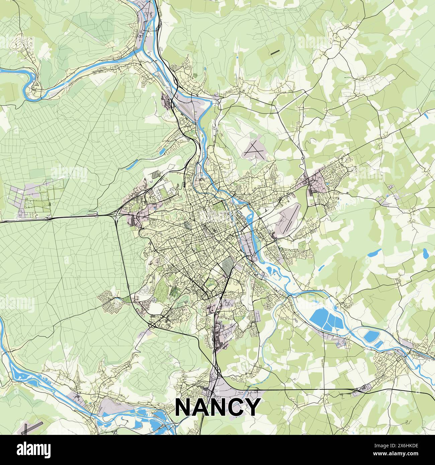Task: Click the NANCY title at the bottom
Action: [x=217, y=406]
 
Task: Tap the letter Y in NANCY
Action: [x=252, y=406]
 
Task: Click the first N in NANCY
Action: [x=183, y=406]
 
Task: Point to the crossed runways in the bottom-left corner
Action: [x=32, y=428]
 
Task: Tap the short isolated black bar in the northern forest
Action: [x=275, y=52]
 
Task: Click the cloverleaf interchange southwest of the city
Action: [x=152, y=325]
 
